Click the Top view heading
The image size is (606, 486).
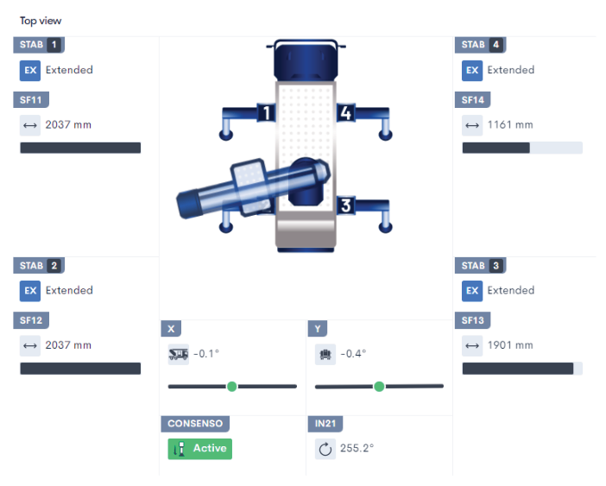(x=41, y=21)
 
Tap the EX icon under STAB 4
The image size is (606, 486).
(x=471, y=71)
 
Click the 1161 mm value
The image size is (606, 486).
(x=509, y=125)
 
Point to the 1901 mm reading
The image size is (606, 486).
(x=509, y=345)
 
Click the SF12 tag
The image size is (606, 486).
(x=31, y=320)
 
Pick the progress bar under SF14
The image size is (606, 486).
(x=521, y=148)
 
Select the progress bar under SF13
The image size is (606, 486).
(x=521, y=369)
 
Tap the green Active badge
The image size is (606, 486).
(x=199, y=448)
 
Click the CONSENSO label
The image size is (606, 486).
(x=195, y=424)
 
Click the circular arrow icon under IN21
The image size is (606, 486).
(x=325, y=449)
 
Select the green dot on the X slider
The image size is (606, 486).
(x=231, y=387)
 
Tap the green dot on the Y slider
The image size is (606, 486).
(x=379, y=387)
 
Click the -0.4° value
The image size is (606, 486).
(x=353, y=354)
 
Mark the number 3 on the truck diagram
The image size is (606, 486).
(x=345, y=205)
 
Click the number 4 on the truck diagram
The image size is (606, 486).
(x=345, y=113)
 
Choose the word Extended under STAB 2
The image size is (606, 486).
(x=69, y=291)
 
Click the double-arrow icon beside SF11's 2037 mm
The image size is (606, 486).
(x=30, y=126)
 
